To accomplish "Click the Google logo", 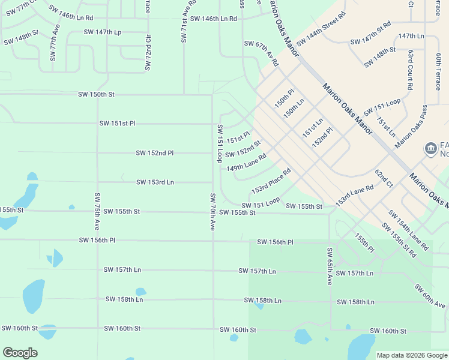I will point(20,353).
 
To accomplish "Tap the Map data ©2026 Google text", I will point(412,355).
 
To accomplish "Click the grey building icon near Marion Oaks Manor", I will point(430,148).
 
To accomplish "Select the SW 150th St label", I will point(96,95).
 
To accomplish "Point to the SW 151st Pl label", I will point(117,124).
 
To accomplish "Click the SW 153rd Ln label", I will point(155,182).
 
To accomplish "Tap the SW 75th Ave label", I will point(97,212).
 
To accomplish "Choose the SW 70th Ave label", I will point(212,212).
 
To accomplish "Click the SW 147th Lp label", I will point(102,32).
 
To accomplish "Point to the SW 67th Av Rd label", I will point(261,53).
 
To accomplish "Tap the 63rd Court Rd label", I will point(409,70).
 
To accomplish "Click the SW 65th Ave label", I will point(330,266).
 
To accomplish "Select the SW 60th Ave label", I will point(430,297).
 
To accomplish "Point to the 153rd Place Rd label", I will point(271,181).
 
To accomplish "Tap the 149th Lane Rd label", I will point(246,162).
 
